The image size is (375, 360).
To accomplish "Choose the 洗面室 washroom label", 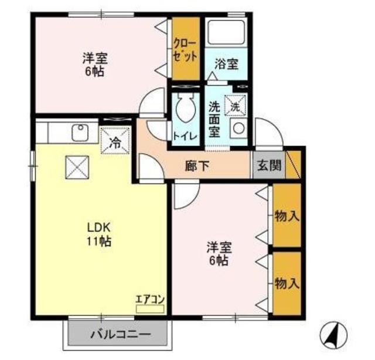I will click(x=215, y=120).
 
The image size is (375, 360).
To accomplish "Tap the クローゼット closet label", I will click(x=186, y=49).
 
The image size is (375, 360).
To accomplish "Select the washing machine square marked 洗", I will click(x=235, y=106).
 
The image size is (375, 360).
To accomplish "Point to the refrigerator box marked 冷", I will click(x=115, y=141).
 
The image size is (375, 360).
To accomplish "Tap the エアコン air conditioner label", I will click(x=150, y=300).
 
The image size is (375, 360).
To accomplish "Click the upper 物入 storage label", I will click(x=287, y=216).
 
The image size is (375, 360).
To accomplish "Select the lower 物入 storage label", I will click(x=287, y=284).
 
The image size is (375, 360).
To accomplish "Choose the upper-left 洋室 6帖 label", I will click(x=94, y=65).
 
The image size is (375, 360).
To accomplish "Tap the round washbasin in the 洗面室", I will click(x=238, y=128).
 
